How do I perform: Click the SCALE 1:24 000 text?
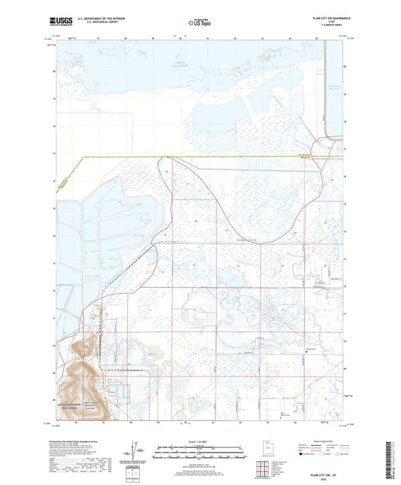(x=199, y=431)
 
